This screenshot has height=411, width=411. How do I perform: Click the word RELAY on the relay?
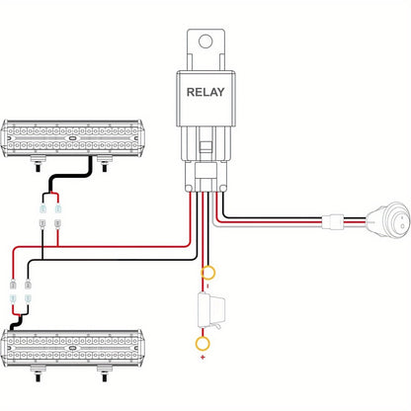point(205,92)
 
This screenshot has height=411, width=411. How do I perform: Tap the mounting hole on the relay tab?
point(205,41)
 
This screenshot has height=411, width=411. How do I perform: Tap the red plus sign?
point(203,357)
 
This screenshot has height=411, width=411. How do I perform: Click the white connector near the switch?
point(333,222)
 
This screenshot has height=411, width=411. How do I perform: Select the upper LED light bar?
point(72,137)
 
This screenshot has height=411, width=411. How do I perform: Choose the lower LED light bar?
point(72,348)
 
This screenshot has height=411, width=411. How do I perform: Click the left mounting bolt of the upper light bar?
point(39,164)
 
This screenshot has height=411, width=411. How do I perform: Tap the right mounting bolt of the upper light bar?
point(105,164)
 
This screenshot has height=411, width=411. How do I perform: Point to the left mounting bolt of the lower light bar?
point(39,373)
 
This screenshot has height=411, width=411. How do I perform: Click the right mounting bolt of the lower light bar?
point(105,373)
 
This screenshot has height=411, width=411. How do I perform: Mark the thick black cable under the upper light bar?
point(69,176)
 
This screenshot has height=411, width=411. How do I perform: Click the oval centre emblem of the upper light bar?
point(72,138)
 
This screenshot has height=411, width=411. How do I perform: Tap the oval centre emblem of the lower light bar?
point(72,348)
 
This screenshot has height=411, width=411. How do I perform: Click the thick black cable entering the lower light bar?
point(16,323)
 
